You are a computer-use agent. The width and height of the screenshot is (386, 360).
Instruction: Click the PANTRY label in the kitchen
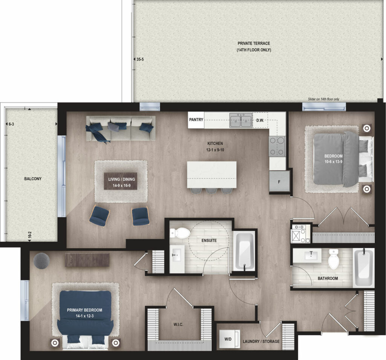(196, 120)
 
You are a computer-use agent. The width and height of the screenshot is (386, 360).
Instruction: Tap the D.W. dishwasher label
(260, 121)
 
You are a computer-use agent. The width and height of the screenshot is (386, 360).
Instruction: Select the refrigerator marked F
(279, 182)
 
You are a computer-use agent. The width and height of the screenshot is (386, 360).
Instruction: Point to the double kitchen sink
(241, 120)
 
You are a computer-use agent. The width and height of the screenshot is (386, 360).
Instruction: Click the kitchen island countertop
(212, 175)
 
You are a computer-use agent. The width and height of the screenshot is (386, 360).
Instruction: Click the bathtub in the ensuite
(244, 250)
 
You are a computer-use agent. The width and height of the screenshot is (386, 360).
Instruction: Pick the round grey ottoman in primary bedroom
(41, 261)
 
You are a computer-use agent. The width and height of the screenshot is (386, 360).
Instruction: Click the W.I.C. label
(178, 325)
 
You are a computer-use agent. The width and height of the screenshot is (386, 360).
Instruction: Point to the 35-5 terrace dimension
(140, 59)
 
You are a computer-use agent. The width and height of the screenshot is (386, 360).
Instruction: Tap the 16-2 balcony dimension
(30, 235)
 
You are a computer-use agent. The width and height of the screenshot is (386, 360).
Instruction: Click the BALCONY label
(33, 179)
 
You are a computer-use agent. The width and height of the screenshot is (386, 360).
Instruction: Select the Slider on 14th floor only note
(323, 99)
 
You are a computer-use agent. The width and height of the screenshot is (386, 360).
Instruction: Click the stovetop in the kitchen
(277, 146)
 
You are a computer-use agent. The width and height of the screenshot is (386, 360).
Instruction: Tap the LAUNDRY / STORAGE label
(261, 341)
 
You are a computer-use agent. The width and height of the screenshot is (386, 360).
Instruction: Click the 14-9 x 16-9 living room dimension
(122, 185)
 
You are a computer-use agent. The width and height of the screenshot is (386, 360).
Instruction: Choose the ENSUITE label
(209, 241)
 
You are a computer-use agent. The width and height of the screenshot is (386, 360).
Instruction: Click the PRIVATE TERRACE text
(254, 43)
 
